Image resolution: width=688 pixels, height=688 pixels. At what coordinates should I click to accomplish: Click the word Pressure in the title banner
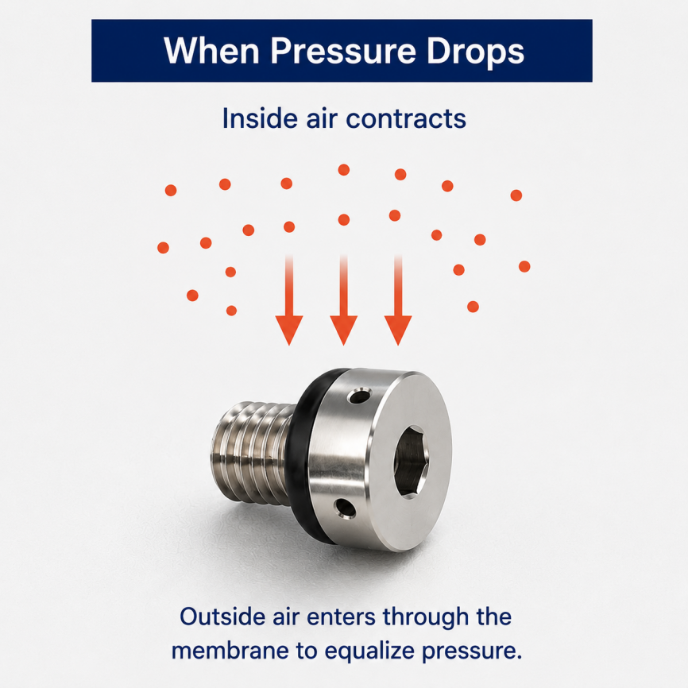pyautogui.click(x=342, y=52)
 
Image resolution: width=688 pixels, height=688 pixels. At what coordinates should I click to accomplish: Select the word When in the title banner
pyautogui.click(x=211, y=51)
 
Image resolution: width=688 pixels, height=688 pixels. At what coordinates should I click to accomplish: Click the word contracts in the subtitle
pyautogui.click(x=406, y=118)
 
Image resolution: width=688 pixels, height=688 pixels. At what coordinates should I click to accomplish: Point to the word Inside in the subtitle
pyautogui.click(x=261, y=118)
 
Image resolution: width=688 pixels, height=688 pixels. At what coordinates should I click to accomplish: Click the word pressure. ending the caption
pyautogui.click(x=472, y=652)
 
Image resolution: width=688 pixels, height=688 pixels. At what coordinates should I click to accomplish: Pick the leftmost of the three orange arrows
pyautogui.click(x=289, y=300)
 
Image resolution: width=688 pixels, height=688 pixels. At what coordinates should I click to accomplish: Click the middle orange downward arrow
pyautogui.click(x=343, y=300)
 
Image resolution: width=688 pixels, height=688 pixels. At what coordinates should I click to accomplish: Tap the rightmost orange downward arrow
pyautogui.click(x=398, y=300)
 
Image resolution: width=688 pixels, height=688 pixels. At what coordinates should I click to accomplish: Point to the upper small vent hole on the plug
pyautogui.click(x=359, y=396)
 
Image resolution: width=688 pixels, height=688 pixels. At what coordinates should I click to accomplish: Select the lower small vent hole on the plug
pyautogui.click(x=345, y=509)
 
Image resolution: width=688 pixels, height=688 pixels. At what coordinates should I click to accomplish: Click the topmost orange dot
pyautogui.click(x=344, y=170)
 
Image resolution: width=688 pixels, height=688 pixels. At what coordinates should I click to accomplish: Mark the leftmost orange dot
pyautogui.click(x=163, y=247)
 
